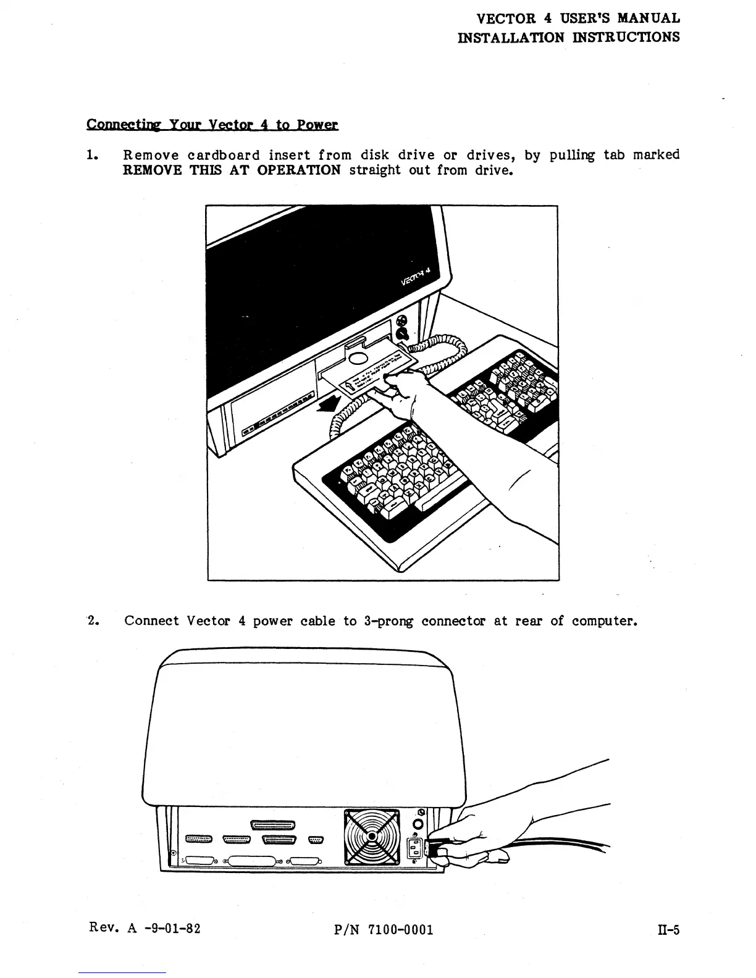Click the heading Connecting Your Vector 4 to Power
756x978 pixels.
click(212, 125)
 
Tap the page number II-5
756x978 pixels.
click(668, 930)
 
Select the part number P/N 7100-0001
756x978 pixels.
click(383, 930)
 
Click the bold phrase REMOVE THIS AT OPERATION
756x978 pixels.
click(232, 170)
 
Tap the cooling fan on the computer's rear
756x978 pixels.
click(372, 837)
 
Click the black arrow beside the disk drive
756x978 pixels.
click(328, 405)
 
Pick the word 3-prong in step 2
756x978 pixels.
click(388, 621)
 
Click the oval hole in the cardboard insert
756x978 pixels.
click(359, 359)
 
